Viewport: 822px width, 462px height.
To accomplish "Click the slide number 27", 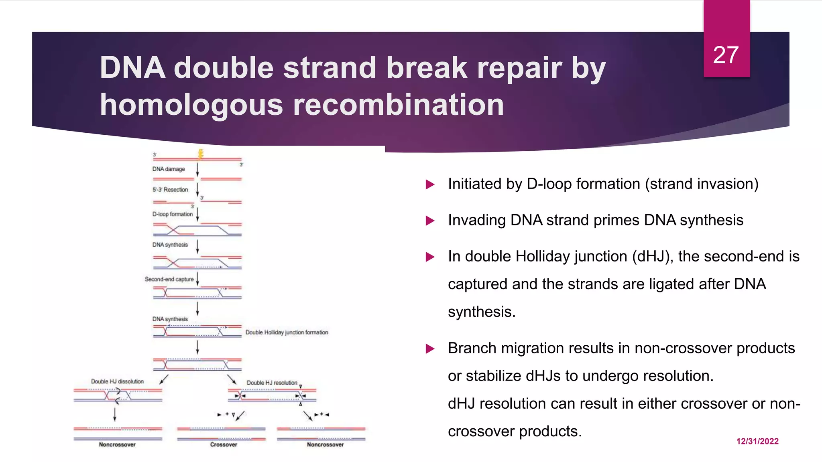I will click(x=726, y=55).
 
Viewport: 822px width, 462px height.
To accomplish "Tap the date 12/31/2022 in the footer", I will click(x=757, y=441).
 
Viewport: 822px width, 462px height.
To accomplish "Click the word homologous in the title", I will click(x=191, y=105).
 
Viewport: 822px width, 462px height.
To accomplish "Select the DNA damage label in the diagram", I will click(x=169, y=169).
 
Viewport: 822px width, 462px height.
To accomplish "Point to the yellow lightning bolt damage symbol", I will click(x=201, y=154).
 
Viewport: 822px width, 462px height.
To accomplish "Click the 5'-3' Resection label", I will click(x=170, y=190).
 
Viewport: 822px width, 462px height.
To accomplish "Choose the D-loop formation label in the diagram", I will click(x=173, y=214).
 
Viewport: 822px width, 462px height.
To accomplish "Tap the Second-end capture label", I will click(x=169, y=279).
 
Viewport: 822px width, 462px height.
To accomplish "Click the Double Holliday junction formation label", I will click(x=287, y=332).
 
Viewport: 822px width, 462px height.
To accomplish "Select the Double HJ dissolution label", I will click(x=117, y=381).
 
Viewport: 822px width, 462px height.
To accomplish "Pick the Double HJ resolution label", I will click(x=272, y=383).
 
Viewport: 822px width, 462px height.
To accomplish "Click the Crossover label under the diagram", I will click(x=224, y=444).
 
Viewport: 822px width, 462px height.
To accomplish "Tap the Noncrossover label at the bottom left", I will click(x=117, y=444).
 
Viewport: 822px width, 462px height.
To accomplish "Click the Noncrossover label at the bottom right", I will click(x=325, y=444).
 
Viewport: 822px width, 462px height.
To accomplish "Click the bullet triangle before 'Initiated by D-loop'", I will click(x=430, y=184).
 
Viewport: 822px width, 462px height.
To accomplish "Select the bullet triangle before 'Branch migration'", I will click(x=430, y=349).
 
